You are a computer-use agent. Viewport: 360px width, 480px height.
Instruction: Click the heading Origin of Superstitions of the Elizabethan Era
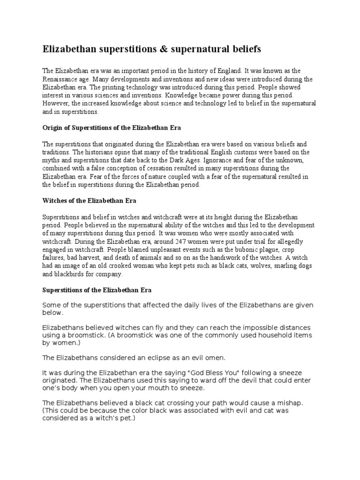click(x=112, y=128)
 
